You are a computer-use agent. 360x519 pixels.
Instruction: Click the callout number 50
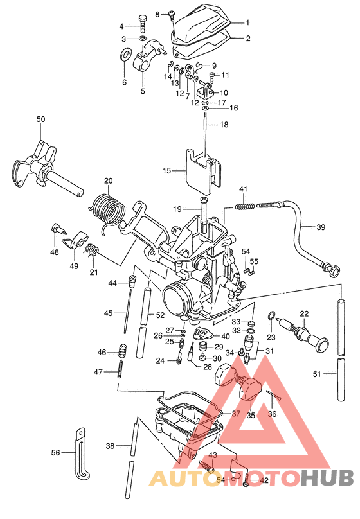[40, 119]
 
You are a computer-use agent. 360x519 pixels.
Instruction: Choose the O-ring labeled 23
[272, 317]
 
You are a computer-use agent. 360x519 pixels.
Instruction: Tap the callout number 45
[109, 313]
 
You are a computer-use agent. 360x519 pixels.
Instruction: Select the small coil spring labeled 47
[120, 371]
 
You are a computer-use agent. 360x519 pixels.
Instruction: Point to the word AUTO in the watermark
[180, 478]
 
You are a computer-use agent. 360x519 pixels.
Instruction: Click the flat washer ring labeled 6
[123, 51]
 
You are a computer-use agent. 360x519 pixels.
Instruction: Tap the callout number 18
[224, 124]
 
